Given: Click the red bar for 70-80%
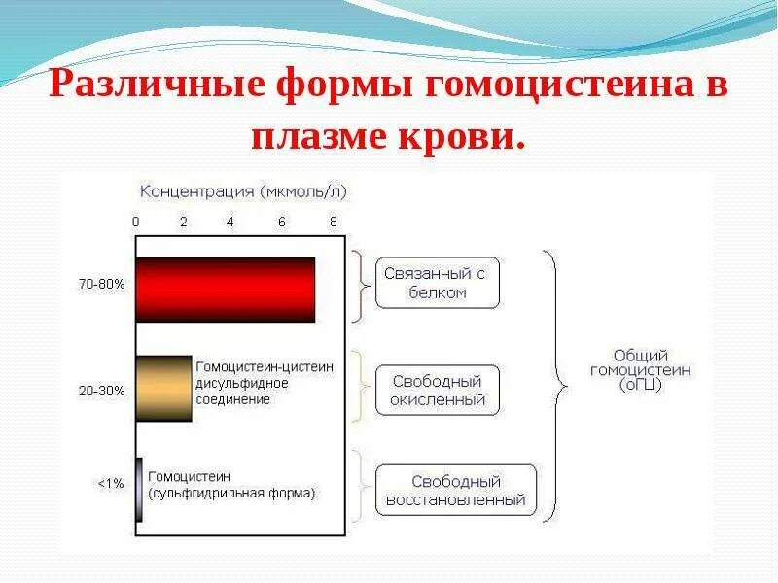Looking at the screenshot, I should coord(226,290).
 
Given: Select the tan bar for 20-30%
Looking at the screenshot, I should coord(163,389).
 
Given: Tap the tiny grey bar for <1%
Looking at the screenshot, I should coord(139,490).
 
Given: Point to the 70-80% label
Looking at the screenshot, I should coord(101,285).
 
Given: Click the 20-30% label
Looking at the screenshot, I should coord(101,391).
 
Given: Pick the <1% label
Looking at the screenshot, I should coord(110,483).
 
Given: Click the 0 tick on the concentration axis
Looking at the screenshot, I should coord(136,222).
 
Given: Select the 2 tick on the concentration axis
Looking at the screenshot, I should coord(184,222).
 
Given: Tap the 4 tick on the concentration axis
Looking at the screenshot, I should coord(230,222).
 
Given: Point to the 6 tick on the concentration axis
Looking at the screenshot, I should coord(282,222).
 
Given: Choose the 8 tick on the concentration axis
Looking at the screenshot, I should coord(333,222).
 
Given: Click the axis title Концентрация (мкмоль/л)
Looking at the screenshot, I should coord(242,192).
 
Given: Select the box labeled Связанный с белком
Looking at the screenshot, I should coord(437,283).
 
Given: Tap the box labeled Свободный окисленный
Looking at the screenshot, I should coord(438,390).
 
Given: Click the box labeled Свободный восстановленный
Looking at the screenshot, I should coord(455,491).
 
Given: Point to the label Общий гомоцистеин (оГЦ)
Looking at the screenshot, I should coord(640,370).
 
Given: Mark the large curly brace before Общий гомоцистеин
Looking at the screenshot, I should coord(553,385).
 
